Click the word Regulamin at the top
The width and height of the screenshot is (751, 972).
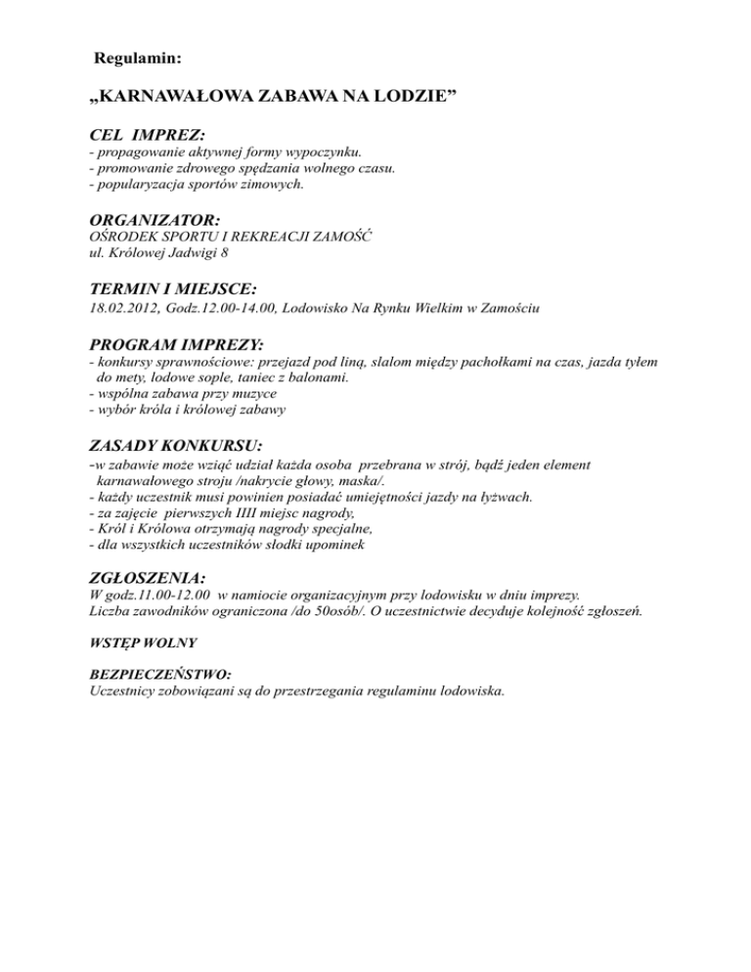(x=138, y=60)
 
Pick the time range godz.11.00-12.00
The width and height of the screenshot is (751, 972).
(x=157, y=596)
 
